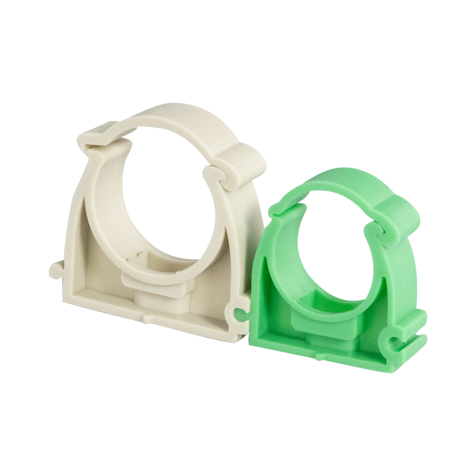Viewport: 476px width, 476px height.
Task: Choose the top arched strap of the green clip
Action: click(x=339, y=178)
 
